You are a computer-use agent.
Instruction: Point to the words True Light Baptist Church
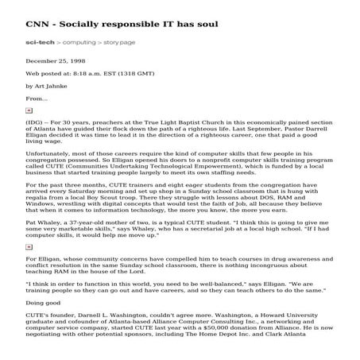point(177,122)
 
